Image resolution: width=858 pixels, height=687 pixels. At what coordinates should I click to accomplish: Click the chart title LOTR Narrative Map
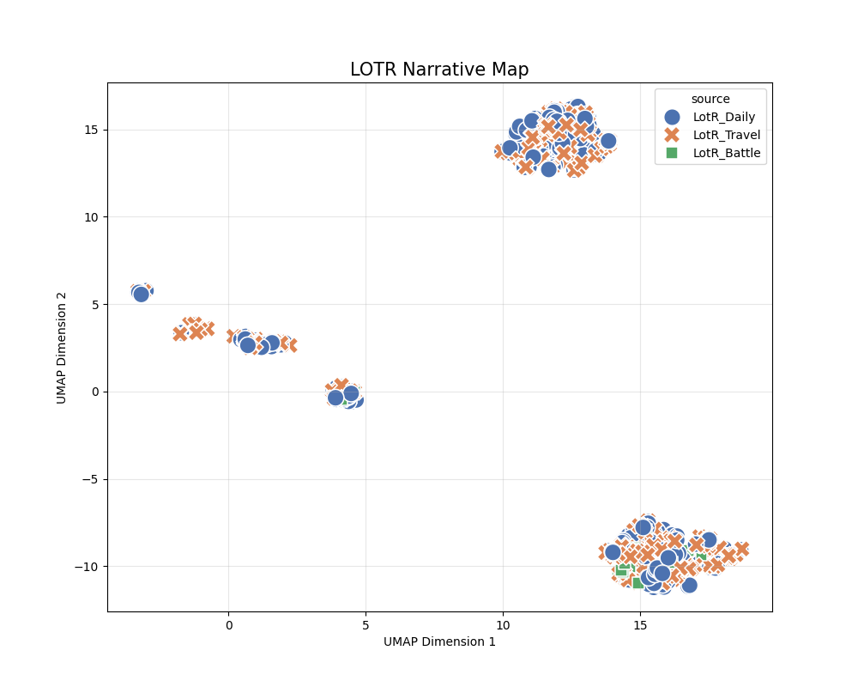pos(438,70)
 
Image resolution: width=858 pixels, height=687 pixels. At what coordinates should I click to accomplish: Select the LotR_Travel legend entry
pos(726,135)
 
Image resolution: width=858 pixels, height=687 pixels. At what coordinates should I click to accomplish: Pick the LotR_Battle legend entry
pos(726,153)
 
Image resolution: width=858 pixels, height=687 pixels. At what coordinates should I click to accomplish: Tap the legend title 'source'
pos(710,99)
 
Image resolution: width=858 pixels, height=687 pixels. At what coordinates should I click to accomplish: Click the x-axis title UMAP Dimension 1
pos(439,641)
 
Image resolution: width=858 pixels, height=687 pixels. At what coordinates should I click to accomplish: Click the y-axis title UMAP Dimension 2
pos(62,347)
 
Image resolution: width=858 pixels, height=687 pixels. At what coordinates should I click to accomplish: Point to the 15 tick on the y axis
pos(90,130)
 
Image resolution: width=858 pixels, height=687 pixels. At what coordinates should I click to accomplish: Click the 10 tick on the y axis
pos(90,217)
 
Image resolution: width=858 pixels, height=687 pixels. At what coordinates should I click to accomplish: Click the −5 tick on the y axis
pos(90,479)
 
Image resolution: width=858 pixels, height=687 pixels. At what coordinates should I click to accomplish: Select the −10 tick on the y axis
pos(87,566)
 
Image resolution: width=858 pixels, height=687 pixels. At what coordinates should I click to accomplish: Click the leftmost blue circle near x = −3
pos(141,294)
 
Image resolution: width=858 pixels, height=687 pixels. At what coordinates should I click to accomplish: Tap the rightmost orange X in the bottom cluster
pos(742,549)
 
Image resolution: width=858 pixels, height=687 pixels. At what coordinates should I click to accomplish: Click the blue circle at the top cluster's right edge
pos(607,141)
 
